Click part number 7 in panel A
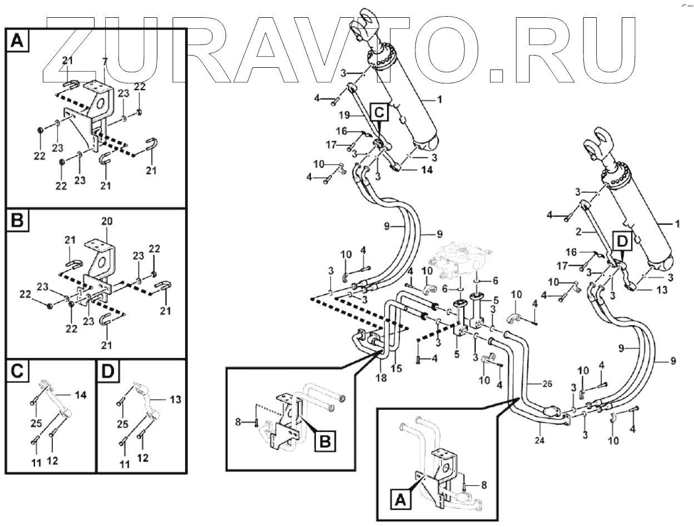click(104, 61)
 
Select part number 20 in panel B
click(107, 221)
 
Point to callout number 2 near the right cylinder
click(578, 231)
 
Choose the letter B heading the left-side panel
click(18, 222)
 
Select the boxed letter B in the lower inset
click(325, 442)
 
